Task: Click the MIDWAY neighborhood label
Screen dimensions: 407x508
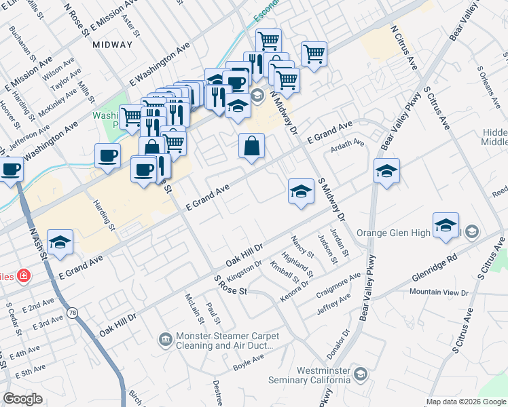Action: (110, 44)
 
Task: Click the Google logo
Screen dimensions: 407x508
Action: (22, 399)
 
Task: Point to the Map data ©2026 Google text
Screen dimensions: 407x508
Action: (466, 402)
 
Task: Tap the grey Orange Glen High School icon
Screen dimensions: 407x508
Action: (473, 233)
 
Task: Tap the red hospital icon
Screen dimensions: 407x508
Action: (24, 275)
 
